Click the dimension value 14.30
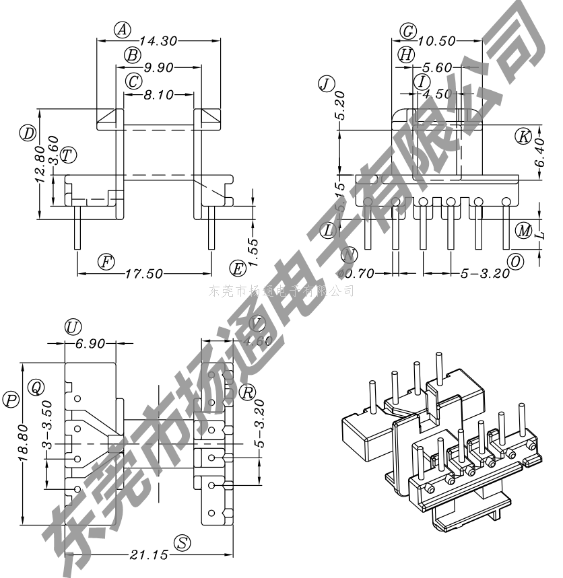159,41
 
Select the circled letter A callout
122,30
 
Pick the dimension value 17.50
144,274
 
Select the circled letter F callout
106,262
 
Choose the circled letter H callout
405,55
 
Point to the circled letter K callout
523,135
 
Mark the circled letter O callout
515,262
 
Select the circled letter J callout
326,83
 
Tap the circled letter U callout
73,328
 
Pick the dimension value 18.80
22,443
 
